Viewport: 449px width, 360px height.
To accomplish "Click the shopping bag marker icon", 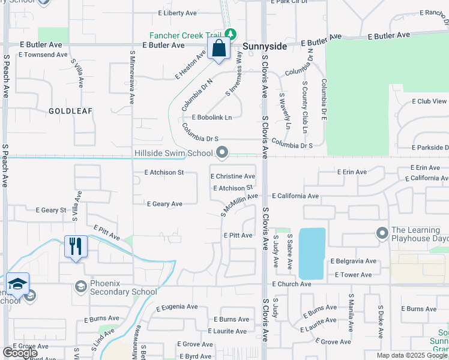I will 218,49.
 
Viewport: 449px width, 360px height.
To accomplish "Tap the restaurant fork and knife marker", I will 76,246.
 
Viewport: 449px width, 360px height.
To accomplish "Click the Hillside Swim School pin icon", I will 223,152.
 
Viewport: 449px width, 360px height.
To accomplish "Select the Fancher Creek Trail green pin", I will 229,33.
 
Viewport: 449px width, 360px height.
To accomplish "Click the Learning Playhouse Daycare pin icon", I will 382,232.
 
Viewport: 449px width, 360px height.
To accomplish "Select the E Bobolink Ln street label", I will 211,117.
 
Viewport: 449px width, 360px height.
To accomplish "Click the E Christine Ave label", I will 232,176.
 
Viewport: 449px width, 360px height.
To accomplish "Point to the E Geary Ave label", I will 164,204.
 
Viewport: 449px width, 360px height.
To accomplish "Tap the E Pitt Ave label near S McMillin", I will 238,236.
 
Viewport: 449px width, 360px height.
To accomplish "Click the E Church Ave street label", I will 291,284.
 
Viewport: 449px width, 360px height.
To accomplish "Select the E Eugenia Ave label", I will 176,307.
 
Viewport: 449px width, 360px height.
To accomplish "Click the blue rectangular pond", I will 312,253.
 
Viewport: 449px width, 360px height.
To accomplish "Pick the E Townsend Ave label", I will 43,55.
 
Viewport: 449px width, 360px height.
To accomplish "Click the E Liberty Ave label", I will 178,13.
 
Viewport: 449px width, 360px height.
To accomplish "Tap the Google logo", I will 20,353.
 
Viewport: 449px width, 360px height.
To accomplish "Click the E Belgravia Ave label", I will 354,262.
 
